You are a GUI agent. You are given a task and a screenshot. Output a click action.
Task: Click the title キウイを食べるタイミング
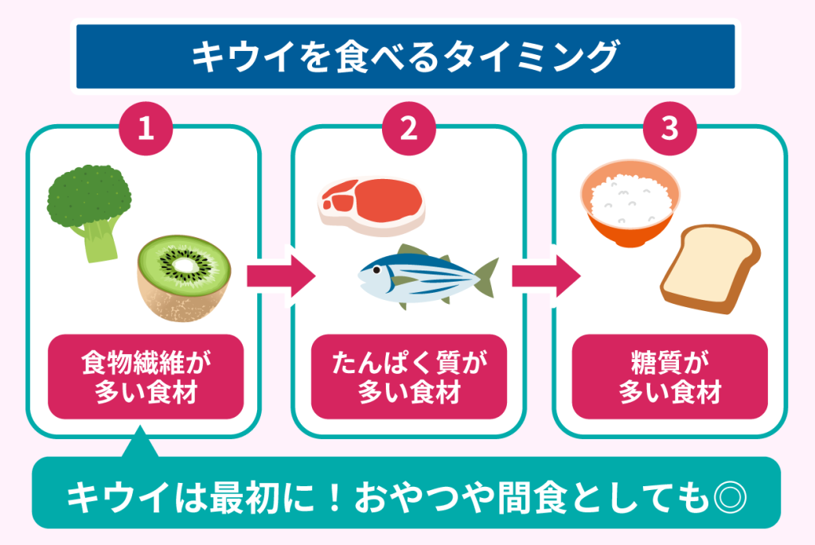click(x=406, y=57)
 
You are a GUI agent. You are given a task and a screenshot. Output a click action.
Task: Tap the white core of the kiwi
click(x=185, y=265)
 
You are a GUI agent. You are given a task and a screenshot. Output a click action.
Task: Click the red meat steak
click(x=371, y=202)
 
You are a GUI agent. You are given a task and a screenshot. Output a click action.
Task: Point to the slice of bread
click(x=708, y=269)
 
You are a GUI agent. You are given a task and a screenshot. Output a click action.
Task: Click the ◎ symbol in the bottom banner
click(x=730, y=496)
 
